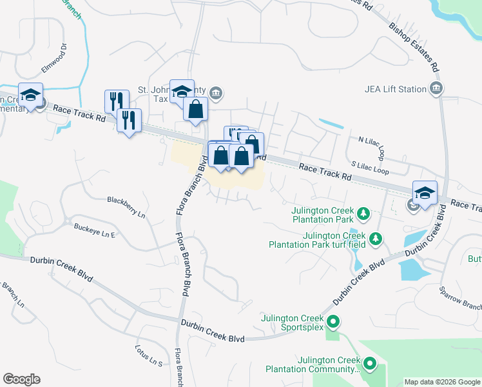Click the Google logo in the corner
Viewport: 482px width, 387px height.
coord(21,379)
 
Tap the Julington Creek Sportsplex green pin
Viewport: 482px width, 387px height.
coord(333,321)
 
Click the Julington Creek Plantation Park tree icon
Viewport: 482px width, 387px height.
coord(363,212)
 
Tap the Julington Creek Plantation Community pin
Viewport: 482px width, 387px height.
coord(370,364)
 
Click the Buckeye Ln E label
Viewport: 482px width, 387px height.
coord(94,230)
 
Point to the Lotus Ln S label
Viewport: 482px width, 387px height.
coord(148,356)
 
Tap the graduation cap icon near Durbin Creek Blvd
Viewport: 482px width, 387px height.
coord(425,192)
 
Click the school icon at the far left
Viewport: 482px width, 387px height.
coord(30,95)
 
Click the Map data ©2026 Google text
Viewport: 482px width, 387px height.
coord(441,382)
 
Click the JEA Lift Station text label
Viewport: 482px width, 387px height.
coord(396,89)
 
